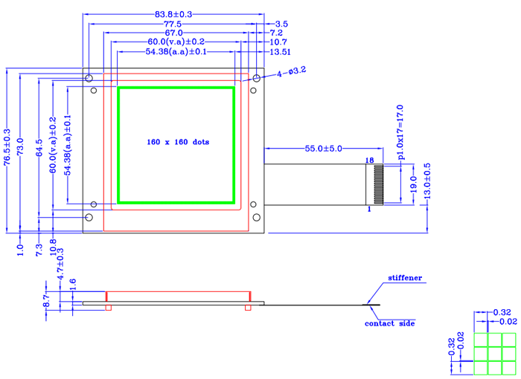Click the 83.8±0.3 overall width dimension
click(x=173, y=14)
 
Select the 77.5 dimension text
click(x=173, y=24)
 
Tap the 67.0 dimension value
click(x=174, y=33)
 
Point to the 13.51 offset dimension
click(x=279, y=52)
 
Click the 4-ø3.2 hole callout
click(x=292, y=71)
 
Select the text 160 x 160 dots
click(x=178, y=141)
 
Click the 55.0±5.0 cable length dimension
click(x=323, y=149)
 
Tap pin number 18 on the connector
click(x=368, y=161)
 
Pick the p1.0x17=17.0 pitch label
click(x=400, y=132)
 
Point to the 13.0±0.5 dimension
click(x=426, y=181)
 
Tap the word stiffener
click(x=404, y=279)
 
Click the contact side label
click(x=389, y=323)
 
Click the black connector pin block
click(x=377, y=184)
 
